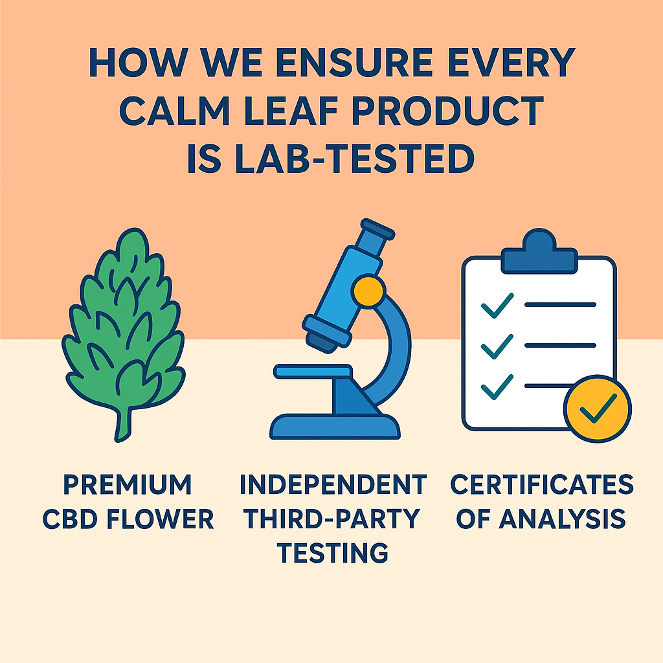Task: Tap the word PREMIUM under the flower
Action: (x=128, y=484)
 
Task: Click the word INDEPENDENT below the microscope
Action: (x=332, y=484)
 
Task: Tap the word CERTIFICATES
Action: (x=541, y=484)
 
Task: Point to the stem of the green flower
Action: (x=121, y=424)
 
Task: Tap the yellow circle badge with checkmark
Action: (x=597, y=407)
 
